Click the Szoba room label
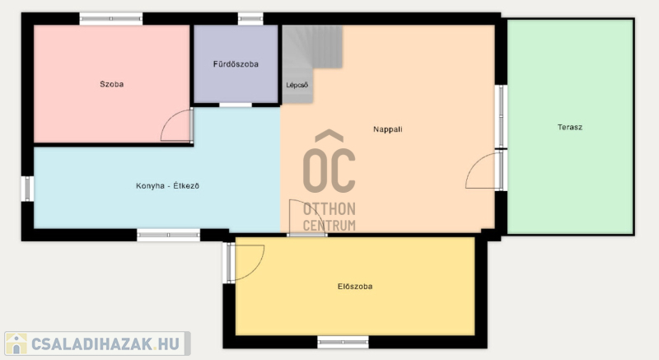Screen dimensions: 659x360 [x=112, y=84]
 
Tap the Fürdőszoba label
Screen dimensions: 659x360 [x=236, y=64]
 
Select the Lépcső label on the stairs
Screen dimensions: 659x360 [x=297, y=86]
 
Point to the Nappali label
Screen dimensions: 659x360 [x=387, y=129]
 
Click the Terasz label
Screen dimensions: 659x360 [x=570, y=128]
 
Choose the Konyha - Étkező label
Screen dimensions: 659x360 [x=167, y=185]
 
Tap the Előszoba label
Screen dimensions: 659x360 [x=355, y=287]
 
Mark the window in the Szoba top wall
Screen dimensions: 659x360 [x=111, y=18]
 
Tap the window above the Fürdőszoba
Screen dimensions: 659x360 [x=250, y=18]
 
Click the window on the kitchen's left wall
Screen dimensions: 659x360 [x=27, y=189]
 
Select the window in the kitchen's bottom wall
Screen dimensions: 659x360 [x=169, y=235]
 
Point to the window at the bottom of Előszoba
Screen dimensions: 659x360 [x=343, y=342]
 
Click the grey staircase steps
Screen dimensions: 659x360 [x=312, y=58]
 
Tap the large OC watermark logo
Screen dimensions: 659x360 [x=329, y=161]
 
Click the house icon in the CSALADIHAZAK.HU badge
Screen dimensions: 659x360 [x=16, y=344]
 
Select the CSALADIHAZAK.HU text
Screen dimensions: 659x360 [x=105, y=344]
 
